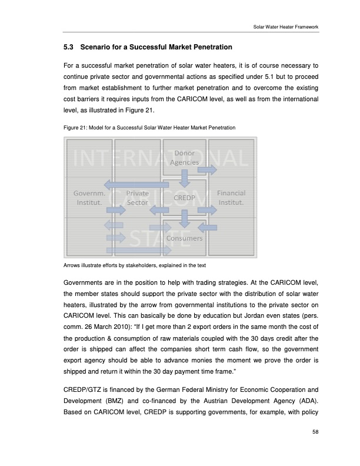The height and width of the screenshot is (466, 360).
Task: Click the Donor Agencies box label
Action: [184, 158]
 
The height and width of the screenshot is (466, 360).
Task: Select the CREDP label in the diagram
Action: [184, 198]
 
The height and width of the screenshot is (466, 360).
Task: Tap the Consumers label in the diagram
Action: [184, 238]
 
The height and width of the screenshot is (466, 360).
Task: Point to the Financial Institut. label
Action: [231, 198]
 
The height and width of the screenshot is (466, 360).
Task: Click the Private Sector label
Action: [137, 198]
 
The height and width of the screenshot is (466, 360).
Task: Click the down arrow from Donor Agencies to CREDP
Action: [185, 176]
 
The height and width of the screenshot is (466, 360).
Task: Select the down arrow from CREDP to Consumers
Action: [185, 218]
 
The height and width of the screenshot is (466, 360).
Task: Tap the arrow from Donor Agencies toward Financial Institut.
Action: [206, 170]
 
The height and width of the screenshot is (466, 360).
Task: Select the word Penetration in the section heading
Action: [208, 46]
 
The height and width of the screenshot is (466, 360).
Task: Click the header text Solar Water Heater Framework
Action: [282, 27]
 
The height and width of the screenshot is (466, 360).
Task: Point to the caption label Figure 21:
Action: [75, 128]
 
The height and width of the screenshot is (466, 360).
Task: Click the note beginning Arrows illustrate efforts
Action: [129, 264]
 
